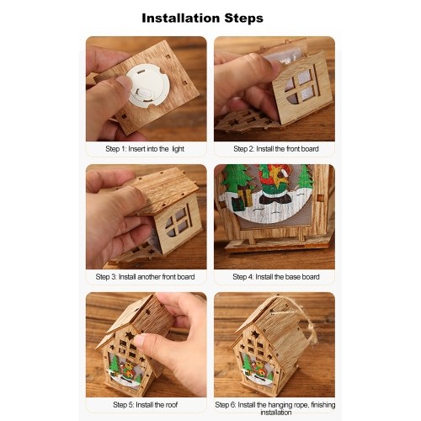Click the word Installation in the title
pyautogui.click(x=181, y=19)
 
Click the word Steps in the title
pyautogui.click(x=243, y=19)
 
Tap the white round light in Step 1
pyautogui.click(x=147, y=85)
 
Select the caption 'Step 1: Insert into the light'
pyautogui.click(x=145, y=149)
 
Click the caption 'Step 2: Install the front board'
pyautogui.click(x=276, y=149)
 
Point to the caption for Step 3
pyautogui.click(x=145, y=277)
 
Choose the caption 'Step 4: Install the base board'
pyautogui.click(x=276, y=277)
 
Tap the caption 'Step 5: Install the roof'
pyautogui.click(x=146, y=405)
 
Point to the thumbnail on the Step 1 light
pyautogui.click(x=125, y=83)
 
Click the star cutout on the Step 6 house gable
pyautogui.click(x=255, y=334)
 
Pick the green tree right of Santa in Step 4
pyautogui.click(x=305, y=178)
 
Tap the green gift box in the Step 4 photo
pyautogui.click(x=238, y=204)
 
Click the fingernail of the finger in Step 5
pyautogui.click(x=140, y=341)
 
